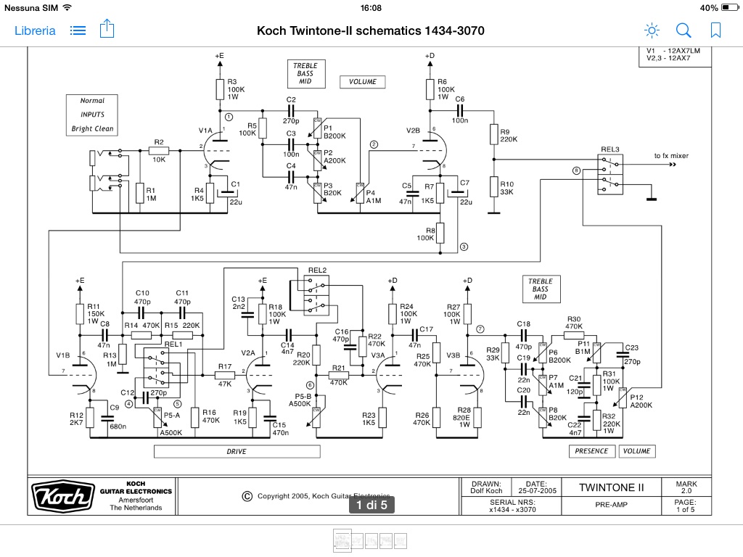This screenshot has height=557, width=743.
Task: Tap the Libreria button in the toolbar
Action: (x=35, y=30)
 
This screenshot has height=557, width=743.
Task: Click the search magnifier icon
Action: (x=684, y=30)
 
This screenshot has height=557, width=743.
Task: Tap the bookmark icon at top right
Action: (x=715, y=30)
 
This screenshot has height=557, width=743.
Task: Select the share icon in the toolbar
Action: (x=107, y=30)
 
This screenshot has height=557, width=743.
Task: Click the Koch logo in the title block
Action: (x=63, y=497)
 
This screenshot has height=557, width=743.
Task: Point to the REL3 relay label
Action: (x=610, y=149)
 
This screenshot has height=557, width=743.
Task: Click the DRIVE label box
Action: (x=237, y=451)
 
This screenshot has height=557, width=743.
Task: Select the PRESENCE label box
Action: (x=591, y=451)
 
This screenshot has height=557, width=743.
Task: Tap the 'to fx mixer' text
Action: (x=671, y=156)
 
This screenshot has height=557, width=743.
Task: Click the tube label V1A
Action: (x=205, y=131)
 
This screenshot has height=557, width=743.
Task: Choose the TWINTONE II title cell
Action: (x=611, y=487)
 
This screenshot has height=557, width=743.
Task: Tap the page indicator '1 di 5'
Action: (x=371, y=504)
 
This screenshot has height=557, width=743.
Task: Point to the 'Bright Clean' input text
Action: (x=92, y=129)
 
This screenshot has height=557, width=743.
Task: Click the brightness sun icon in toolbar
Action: (x=652, y=30)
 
